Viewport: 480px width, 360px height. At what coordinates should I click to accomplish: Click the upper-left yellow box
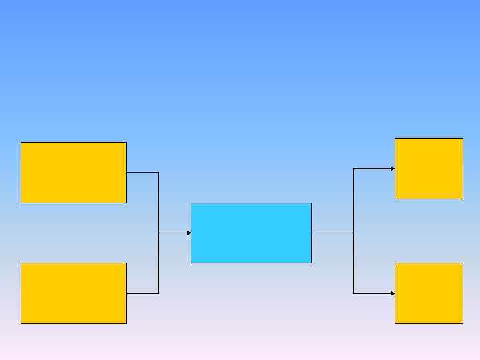point(73,172)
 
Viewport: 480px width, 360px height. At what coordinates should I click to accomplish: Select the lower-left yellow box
point(73,293)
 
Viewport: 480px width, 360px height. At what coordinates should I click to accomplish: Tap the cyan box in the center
point(251,233)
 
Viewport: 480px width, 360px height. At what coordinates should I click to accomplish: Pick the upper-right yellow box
point(429,168)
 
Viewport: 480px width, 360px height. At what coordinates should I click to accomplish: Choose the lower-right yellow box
point(429,293)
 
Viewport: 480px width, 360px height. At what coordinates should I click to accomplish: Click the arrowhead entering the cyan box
point(189,233)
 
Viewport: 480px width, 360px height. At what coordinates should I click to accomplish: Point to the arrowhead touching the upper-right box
point(393,169)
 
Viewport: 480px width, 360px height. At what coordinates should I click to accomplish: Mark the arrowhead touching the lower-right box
point(393,293)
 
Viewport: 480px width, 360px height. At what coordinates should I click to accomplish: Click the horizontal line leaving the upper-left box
point(142,172)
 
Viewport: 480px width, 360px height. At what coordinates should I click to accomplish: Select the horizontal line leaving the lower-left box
point(142,293)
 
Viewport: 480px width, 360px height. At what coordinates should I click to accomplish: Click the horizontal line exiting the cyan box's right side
point(332,233)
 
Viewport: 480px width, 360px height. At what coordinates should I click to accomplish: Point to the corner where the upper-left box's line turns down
point(159,172)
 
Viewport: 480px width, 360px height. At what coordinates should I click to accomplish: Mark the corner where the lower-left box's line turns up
point(159,293)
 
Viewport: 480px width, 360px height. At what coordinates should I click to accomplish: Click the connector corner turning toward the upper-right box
point(353,169)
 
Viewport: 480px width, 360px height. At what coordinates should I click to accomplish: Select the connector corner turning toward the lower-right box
point(353,293)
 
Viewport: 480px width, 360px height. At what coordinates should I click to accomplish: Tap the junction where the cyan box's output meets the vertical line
point(353,233)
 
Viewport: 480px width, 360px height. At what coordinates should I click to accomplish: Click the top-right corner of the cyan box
point(311,203)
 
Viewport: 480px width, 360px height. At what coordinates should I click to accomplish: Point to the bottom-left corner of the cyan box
point(191,263)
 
